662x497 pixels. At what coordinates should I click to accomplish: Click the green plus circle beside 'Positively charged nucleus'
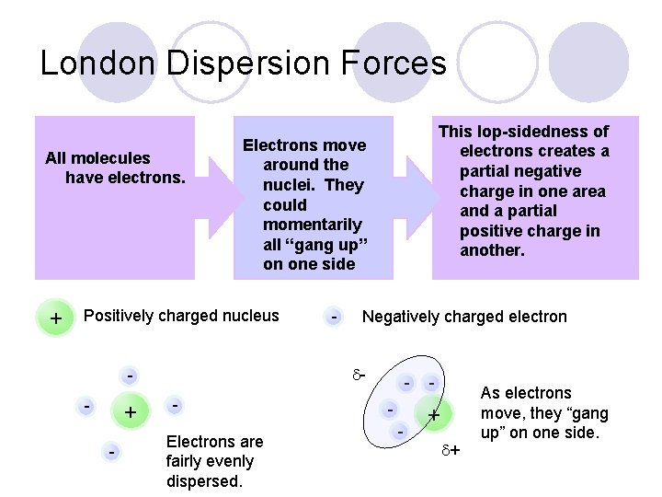[x=56, y=318]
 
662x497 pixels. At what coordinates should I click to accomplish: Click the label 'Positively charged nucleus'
[x=181, y=317]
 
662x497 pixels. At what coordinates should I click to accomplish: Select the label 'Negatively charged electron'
[x=464, y=318]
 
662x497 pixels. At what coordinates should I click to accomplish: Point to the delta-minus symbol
[x=360, y=376]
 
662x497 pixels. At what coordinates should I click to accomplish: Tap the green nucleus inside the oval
[x=433, y=415]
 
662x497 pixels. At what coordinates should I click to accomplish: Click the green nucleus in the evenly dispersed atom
[x=131, y=412]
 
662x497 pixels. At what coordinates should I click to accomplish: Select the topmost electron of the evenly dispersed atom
[x=131, y=376]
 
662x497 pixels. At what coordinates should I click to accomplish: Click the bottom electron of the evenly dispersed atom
[x=111, y=452]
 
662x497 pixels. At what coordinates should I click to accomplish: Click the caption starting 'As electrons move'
[x=544, y=412]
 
